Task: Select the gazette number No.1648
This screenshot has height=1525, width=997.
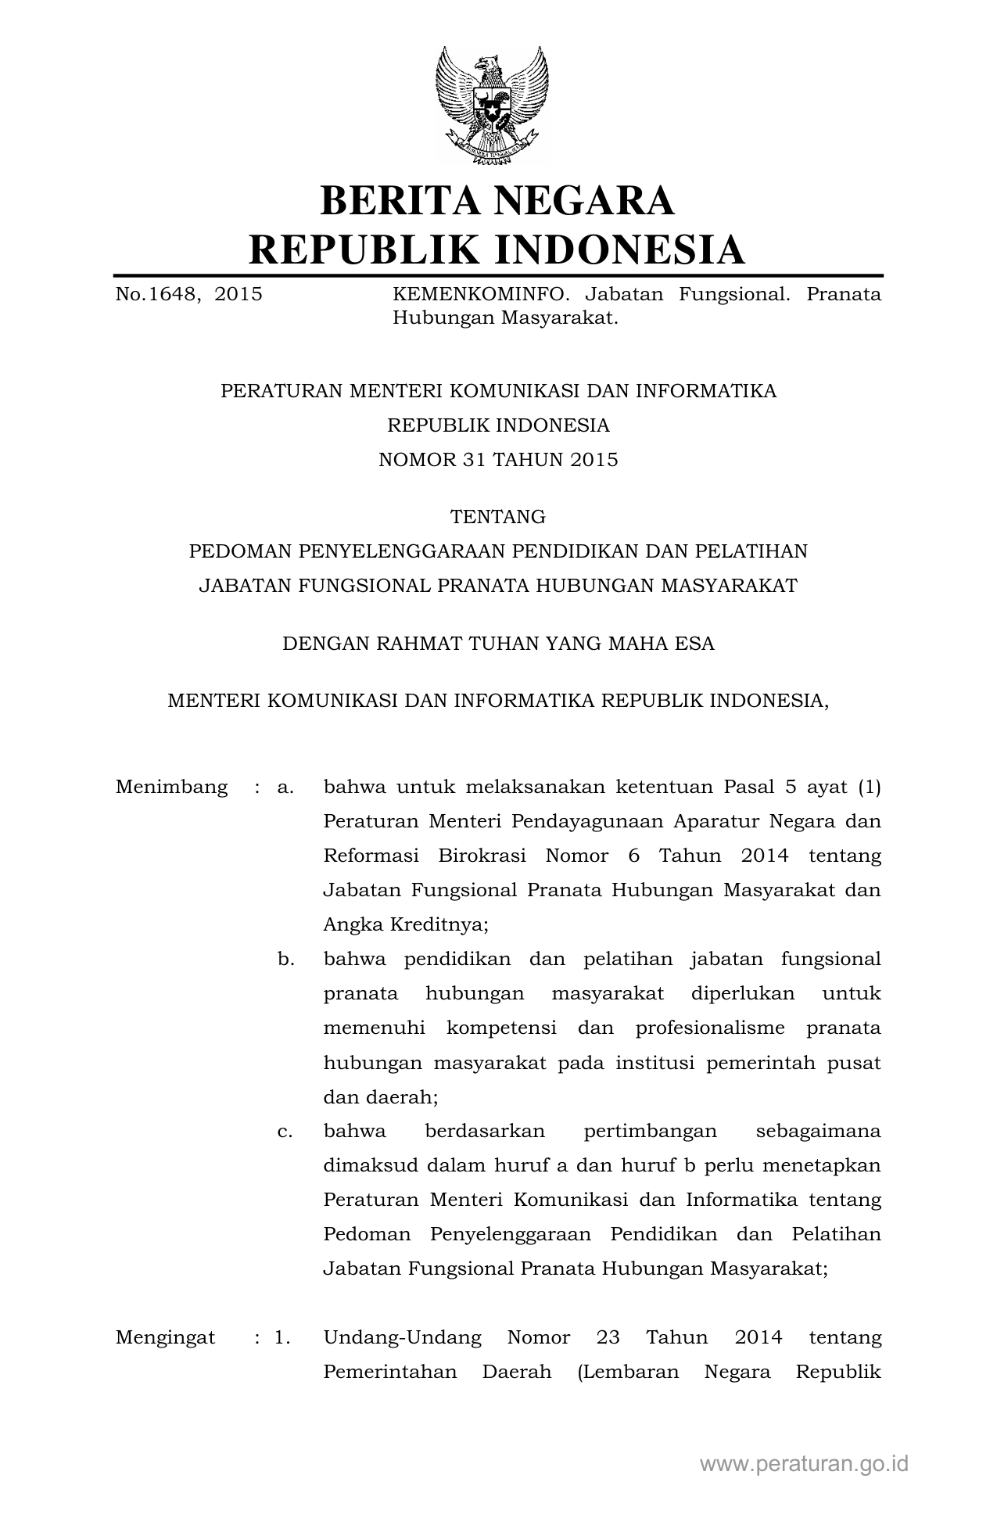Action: point(160,295)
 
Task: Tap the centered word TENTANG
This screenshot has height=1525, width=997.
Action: point(497,517)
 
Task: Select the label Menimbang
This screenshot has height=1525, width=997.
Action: point(171,787)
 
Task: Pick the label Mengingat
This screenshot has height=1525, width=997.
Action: point(165,1337)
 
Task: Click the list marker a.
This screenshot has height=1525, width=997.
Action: point(285,787)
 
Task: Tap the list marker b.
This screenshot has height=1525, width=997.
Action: point(285,959)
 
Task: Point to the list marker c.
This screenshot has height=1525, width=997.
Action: point(285,1131)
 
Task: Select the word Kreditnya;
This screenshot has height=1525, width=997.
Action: point(444,924)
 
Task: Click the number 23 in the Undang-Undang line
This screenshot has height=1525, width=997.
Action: point(608,1337)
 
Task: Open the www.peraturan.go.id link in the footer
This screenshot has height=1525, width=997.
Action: point(804,1464)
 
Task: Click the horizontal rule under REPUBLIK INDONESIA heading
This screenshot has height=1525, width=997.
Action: point(497,275)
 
